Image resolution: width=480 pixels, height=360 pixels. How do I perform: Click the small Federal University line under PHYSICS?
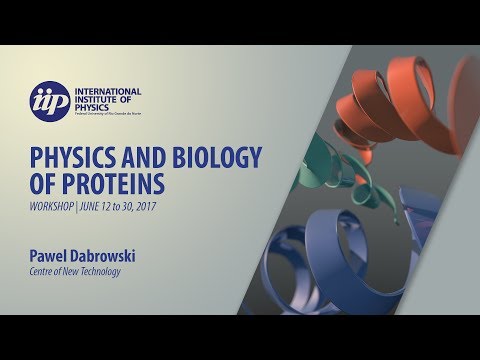[114, 114]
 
